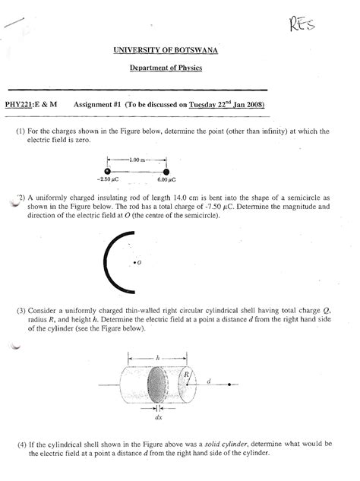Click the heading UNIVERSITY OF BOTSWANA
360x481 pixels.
[179, 50]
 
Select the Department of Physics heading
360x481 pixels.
[179, 68]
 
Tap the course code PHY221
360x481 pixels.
[22, 105]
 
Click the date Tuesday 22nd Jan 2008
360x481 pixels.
[226, 105]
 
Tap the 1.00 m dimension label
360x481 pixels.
[137, 159]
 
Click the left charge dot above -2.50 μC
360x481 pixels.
[109, 170]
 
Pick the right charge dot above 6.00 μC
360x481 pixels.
[166, 170]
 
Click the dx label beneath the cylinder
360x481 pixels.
[159, 417]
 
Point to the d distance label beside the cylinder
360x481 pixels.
[208, 380]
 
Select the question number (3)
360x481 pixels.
[20, 312]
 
